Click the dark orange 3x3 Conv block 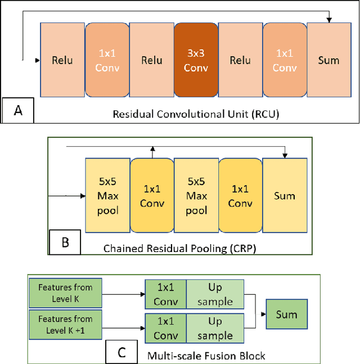coord(196,60)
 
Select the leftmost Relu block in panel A coord(62,60)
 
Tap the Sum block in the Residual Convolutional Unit coord(328,60)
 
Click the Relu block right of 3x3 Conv coord(240,60)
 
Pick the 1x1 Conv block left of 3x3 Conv coord(107,60)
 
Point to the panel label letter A coord(18,110)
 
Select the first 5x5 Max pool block coord(107,196)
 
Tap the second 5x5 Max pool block coord(196,196)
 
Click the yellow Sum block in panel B coord(285,196)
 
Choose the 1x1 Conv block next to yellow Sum coord(241,196)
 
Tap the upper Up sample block coord(215,295)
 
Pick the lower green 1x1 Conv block coord(165,329)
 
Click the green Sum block coord(286,314)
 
